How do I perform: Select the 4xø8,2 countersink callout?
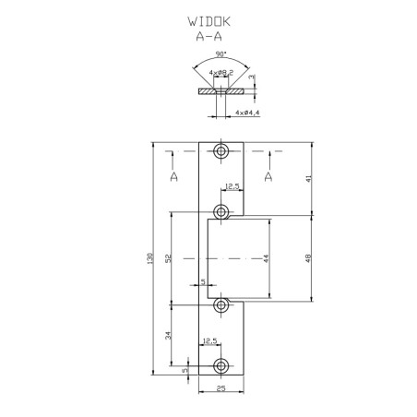click(x=220, y=71)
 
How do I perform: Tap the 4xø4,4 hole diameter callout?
click(x=246, y=112)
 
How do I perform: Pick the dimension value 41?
click(x=312, y=179)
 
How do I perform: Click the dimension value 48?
click(x=312, y=259)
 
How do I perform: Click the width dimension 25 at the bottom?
click(x=221, y=388)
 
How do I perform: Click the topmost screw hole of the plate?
click(x=221, y=150)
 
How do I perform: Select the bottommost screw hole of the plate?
click(x=221, y=363)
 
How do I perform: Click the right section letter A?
click(x=268, y=173)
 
